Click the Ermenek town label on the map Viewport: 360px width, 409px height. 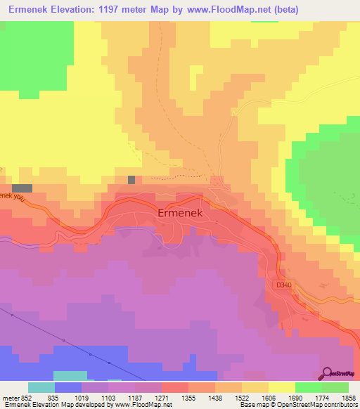[x=180, y=212]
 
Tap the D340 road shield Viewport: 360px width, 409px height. [x=284, y=285]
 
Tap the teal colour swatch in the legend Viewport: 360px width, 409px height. [x=41, y=387]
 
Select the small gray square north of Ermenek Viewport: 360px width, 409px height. [x=131, y=180]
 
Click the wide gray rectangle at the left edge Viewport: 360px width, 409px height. [x=22, y=188]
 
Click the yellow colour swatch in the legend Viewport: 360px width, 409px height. [x=282, y=387]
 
